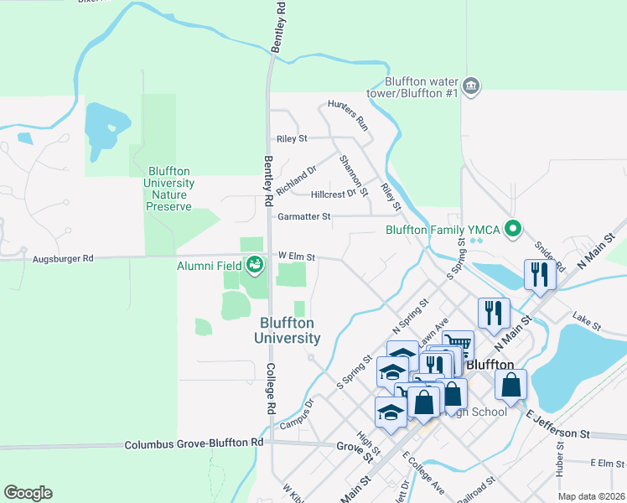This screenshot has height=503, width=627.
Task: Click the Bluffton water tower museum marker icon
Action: [x=472, y=87]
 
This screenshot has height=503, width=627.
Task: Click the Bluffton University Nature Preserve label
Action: [x=171, y=189]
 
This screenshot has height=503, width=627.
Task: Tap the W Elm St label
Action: [x=296, y=257]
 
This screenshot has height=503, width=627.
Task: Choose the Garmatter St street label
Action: [x=303, y=216]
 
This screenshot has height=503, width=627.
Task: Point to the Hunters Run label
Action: [x=349, y=114]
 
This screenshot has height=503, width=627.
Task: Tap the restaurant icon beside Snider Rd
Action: [x=537, y=275]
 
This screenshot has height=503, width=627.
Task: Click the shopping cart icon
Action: [x=458, y=344]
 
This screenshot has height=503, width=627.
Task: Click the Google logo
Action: [x=28, y=492]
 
